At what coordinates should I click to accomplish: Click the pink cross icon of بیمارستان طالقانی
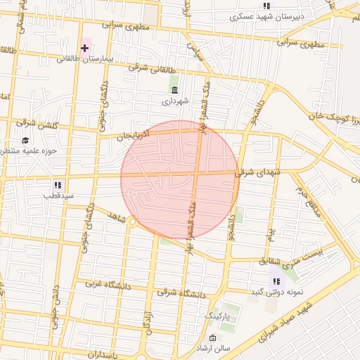[x=85, y=48]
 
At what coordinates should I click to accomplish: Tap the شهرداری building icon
[x=175, y=90]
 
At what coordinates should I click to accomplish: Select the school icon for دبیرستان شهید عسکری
[x=266, y=6]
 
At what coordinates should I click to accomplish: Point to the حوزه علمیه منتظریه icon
[x=25, y=140]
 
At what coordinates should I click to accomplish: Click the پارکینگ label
[x=221, y=317]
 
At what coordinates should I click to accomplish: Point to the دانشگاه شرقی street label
[x=181, y=291]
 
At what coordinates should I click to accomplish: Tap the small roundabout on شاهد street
[x=132, y=221]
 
